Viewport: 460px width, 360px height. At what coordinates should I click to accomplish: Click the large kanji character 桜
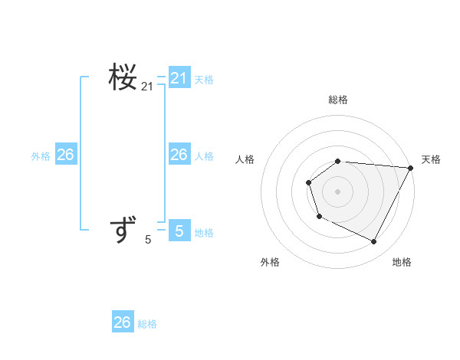pyautogui.click(x=123, y=77)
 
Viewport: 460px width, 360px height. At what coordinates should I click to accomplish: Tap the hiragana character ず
pyautogui.click(x=123, y=230)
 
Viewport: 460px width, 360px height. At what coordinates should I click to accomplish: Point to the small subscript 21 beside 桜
pyautogui.click(x=147, y=87)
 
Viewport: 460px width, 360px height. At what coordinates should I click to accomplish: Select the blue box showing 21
pyautogui.click(x=179, y=78)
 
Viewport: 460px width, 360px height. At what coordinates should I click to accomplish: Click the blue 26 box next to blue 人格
pyautogui.click(x=179, y=155)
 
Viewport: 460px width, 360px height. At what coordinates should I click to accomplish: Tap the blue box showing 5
pyautogui.click(x=179, y=231)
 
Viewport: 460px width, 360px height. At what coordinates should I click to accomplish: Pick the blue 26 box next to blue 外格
pyautogui.click(x=66, y=155)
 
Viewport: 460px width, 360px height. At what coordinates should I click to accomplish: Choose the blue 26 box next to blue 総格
pyautogui.click(x=123, y=322)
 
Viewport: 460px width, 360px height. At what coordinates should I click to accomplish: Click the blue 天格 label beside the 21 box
pyautogui.click(x=204, y=80)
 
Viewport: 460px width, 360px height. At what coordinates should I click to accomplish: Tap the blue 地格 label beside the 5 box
pyautogui.click(x=204, y=233)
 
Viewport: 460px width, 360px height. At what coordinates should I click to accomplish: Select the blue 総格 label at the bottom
pyautogui.click(x=147, y=324)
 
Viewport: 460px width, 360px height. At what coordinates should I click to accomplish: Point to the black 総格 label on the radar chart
pyautogui.click(x=338, y=100)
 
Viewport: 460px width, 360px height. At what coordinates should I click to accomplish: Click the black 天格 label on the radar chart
pyautogui.click(x=432, y=159)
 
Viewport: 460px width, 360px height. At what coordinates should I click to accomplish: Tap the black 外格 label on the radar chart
pyautogui.click(x=270, y=262)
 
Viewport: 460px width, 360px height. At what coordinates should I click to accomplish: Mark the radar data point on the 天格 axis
pyautogui.click(x=411, y=168)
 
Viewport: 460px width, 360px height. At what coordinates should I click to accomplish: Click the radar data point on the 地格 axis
pyautogui.click(x=374, y=242)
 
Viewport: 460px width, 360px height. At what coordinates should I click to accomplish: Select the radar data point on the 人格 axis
pyautogui.click(x=308, y=182)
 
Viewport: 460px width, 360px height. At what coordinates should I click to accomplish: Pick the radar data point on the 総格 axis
pyautogui.click(x=338, y=161)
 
